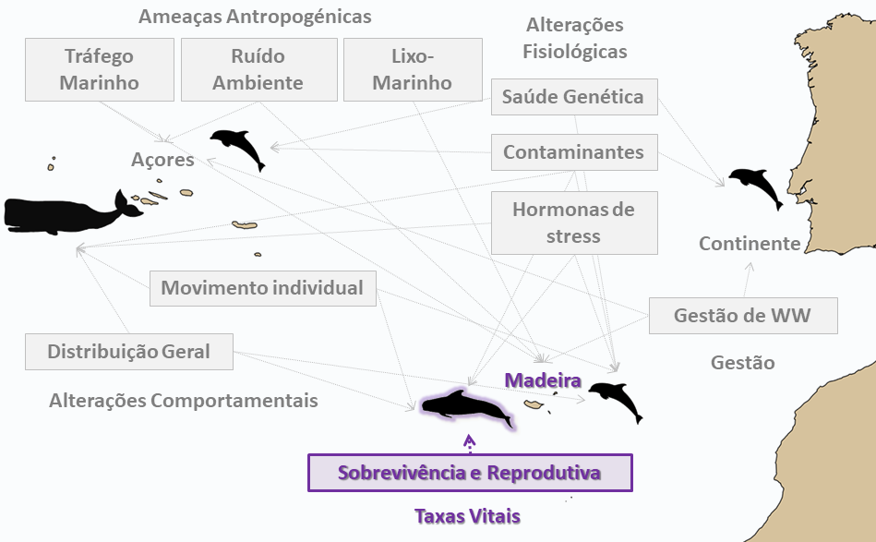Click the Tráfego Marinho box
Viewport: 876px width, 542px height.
(100, 70)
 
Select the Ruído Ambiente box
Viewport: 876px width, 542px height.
(259, 70)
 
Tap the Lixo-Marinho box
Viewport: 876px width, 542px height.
(413, 70)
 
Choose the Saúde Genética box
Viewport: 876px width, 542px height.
(574, 97)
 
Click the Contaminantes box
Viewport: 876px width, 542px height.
(574, 152)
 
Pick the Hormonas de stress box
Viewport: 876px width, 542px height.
(574, 223)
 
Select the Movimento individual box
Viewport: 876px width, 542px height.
(262, 288)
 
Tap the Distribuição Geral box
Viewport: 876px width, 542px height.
(129, 352)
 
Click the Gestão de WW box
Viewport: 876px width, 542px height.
(743, 316)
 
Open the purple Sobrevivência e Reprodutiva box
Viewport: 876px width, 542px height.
(470, 473)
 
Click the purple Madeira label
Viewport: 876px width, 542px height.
(543, 380)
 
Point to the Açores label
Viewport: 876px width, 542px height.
(162, 160)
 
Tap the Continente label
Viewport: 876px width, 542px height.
(750, 244)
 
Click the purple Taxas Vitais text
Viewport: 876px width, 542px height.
(468, 516)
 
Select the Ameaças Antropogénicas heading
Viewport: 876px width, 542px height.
(255, 17)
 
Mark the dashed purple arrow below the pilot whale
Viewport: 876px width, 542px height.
(469, 443)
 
